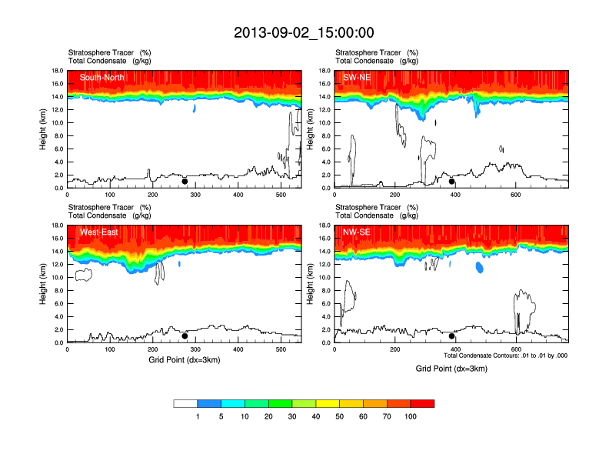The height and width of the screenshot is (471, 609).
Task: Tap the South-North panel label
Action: [102, 77]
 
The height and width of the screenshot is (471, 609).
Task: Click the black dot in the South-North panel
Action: [185, 182]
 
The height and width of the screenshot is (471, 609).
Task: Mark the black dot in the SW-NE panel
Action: [452, 182]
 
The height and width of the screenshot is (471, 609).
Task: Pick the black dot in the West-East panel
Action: [185, 336]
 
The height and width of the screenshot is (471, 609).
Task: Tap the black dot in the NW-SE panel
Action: [452, 336]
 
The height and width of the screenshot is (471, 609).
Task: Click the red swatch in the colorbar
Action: [422, 403]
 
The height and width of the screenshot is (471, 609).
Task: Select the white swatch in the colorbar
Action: [185, 403]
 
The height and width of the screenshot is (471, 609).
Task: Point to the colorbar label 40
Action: [316, 416]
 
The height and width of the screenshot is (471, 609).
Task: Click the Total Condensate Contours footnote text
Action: [505, 356]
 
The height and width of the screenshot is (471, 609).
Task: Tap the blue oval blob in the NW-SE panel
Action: [479, 268]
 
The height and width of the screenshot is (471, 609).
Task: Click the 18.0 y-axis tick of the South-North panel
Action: [56, 71]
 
